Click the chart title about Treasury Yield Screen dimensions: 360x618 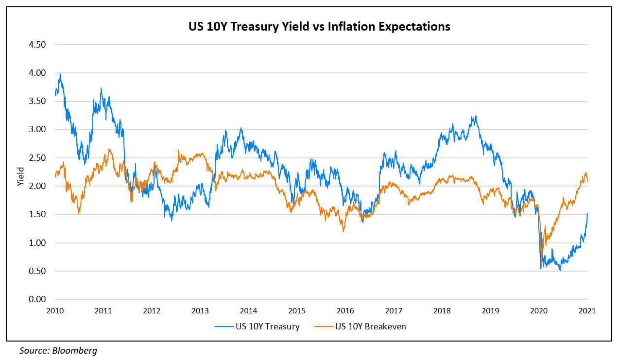coord(319,27)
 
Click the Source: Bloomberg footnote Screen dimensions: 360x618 coord(58,350)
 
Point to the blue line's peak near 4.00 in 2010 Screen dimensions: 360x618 coord(60,74)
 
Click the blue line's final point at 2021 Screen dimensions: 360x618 coord(587,213)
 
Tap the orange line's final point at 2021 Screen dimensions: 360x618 coord(587,181)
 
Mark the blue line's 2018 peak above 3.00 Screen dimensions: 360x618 coord(476,116)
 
